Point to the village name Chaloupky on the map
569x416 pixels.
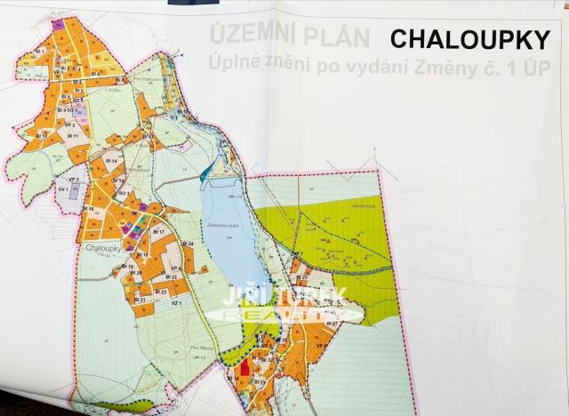[x=103, y=249]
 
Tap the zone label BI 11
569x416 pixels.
[x=75, y=136]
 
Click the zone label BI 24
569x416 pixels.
[x=188, y=243]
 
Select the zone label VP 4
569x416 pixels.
[x=175, y=268]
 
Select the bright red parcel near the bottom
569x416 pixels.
[x=245, y=370]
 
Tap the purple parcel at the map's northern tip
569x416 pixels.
[x=58, y=24]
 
